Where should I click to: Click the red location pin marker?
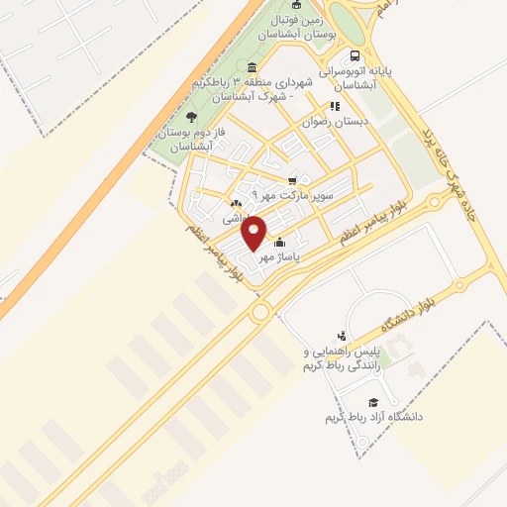[254, 232]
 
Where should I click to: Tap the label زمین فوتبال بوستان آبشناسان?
[297, 28]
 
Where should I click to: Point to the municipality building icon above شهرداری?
[252, 65]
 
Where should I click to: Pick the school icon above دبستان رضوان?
[336, 105]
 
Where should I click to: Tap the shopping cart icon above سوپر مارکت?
[291, 180]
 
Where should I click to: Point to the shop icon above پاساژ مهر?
[280, 242]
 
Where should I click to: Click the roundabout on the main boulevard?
[261, 312]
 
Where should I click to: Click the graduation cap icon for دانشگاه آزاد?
[373, 402]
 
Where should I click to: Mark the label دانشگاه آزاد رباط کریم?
[374, 417]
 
